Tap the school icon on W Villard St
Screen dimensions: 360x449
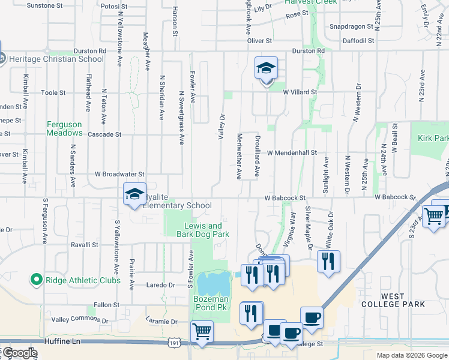[266, 70]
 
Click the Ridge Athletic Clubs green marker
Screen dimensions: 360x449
[36, 280]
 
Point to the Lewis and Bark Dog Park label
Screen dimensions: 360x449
[202, 230]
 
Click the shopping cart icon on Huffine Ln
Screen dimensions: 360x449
[202, 331]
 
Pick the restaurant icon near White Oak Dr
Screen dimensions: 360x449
[328, 261]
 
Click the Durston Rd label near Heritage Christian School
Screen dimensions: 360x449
[89, 51]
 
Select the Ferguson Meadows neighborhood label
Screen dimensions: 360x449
[64, 128]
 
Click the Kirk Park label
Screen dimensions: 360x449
[433, 138]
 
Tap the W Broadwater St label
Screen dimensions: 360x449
[120, 174]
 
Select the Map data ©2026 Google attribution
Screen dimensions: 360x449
[411, 355]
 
